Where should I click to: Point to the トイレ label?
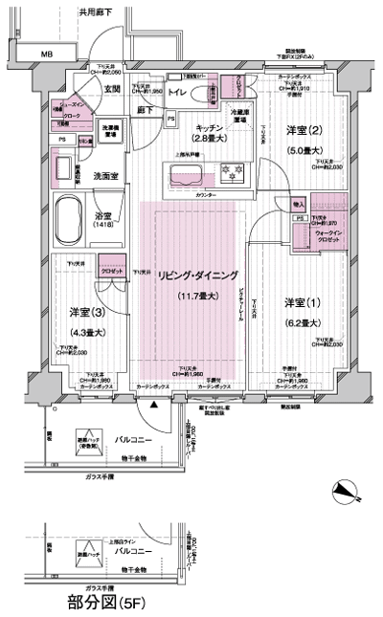[176, 95]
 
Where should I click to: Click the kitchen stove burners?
[232, 175]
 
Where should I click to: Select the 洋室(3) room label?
[83, 313]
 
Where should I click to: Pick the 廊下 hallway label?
[146, 112]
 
